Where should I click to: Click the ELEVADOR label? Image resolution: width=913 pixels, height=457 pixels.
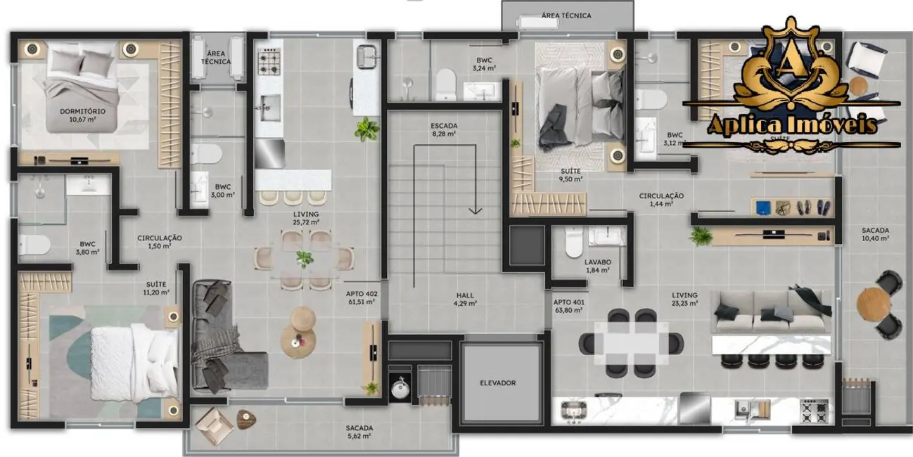(x=497, y=383)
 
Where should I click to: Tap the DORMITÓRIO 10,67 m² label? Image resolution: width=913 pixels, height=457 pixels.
(x=83, y=115)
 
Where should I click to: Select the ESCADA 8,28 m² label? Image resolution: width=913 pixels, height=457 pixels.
(x=444, y=129)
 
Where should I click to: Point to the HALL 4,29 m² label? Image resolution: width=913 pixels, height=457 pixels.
(x=464, y=300)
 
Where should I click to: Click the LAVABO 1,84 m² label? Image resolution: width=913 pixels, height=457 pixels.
(x=598, y=265)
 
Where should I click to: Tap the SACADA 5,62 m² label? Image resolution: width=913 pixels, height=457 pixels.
(x=359, y=432)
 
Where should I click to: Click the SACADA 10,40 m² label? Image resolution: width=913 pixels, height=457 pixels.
(x=875, y=234)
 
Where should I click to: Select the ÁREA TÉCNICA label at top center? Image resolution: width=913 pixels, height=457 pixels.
(x=566, y=15)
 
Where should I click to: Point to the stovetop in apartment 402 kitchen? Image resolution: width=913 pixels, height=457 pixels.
(x=268, y=64)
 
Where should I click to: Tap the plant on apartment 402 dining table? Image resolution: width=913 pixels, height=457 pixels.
(x=305, y=258)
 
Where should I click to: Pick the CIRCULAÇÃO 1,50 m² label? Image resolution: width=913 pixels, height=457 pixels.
(x=160, y=242)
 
